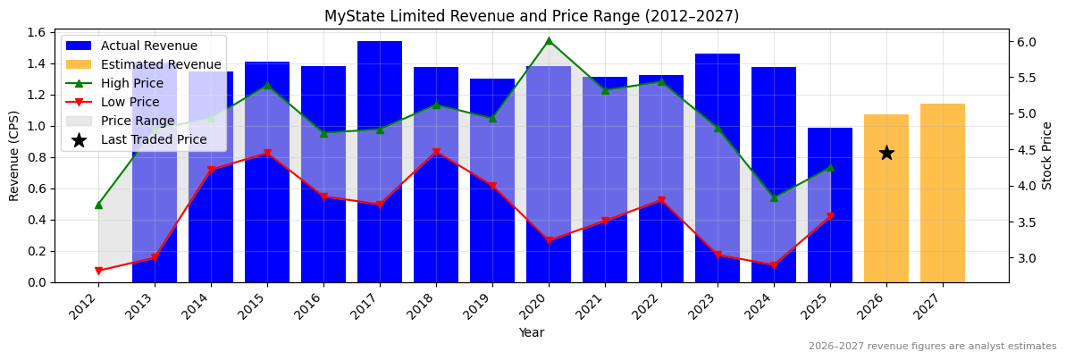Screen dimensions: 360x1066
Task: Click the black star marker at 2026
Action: [x=886, y=153]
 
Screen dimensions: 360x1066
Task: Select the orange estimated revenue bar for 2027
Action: [x=943, y=193]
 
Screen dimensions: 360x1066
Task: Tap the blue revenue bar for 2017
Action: [x=380, y=161]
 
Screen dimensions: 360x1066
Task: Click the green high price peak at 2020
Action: [x=549, y=40]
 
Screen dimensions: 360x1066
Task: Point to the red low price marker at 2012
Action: [x=98, y=271]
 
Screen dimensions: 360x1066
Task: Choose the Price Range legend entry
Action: [x=138, y=121]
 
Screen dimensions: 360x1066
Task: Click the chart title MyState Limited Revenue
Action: [x=532, y=16]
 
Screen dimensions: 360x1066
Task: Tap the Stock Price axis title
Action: [x=1047, y=155]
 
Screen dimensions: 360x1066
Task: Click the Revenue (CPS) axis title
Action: [x=14, y=155]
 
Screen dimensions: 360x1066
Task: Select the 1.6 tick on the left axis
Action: [x=37, y=32]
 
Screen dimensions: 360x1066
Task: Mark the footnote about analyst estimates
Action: [x=932, y=347]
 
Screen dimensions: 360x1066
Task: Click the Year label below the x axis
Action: [x=532, y=332]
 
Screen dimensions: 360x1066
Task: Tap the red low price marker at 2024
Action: [x=774, y=265]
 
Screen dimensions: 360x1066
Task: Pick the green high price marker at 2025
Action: [x=830, y=167]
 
